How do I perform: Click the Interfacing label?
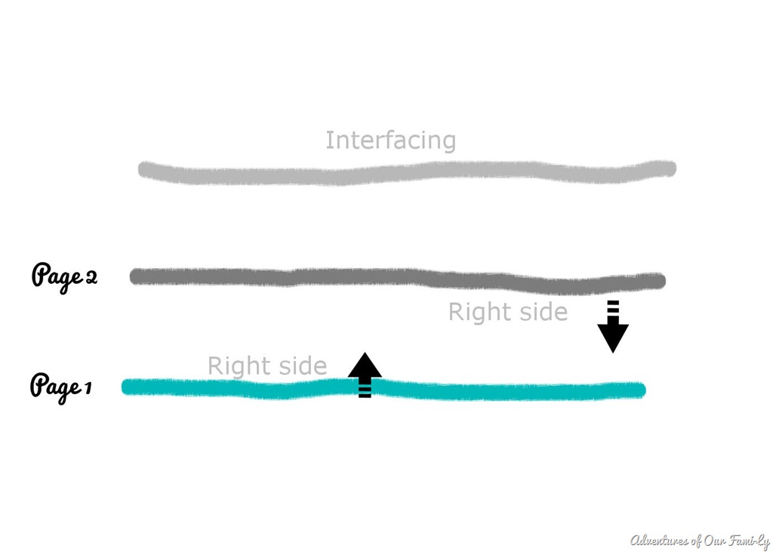pyautogui.click(x=390, y=140)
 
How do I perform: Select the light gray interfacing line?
pyautogui.click(x=407, y=173)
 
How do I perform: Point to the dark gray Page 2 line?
pyautogui.click(x=397, y=279)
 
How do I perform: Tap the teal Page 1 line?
pyautogui.click(x=383, y=389)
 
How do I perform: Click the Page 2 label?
pyautogui.click(x=65, y=277)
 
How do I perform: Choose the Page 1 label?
pyautogui.click(x=61, y=387)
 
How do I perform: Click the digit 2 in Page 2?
pyautogui.click(x=91, y=278)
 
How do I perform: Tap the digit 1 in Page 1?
pyautogui.click(x=88, y=388)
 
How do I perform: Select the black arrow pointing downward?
pyautogui.click(x=613, y=326)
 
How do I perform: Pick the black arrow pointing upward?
pyautogui.click(x=365, y=375)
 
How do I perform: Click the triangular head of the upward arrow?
pyautogui.click(x=365, y=365)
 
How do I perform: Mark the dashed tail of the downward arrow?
pyautogui.click(x=613, y=311)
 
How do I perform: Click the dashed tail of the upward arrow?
pyautogui.click(x=365, y=388)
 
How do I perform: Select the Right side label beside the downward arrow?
pyautogui.click(x=508, y=313)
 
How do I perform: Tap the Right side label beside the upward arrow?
pyautogui.click(x=267, y=366)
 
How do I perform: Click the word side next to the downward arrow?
pyautogui.click(x=544, y=313)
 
